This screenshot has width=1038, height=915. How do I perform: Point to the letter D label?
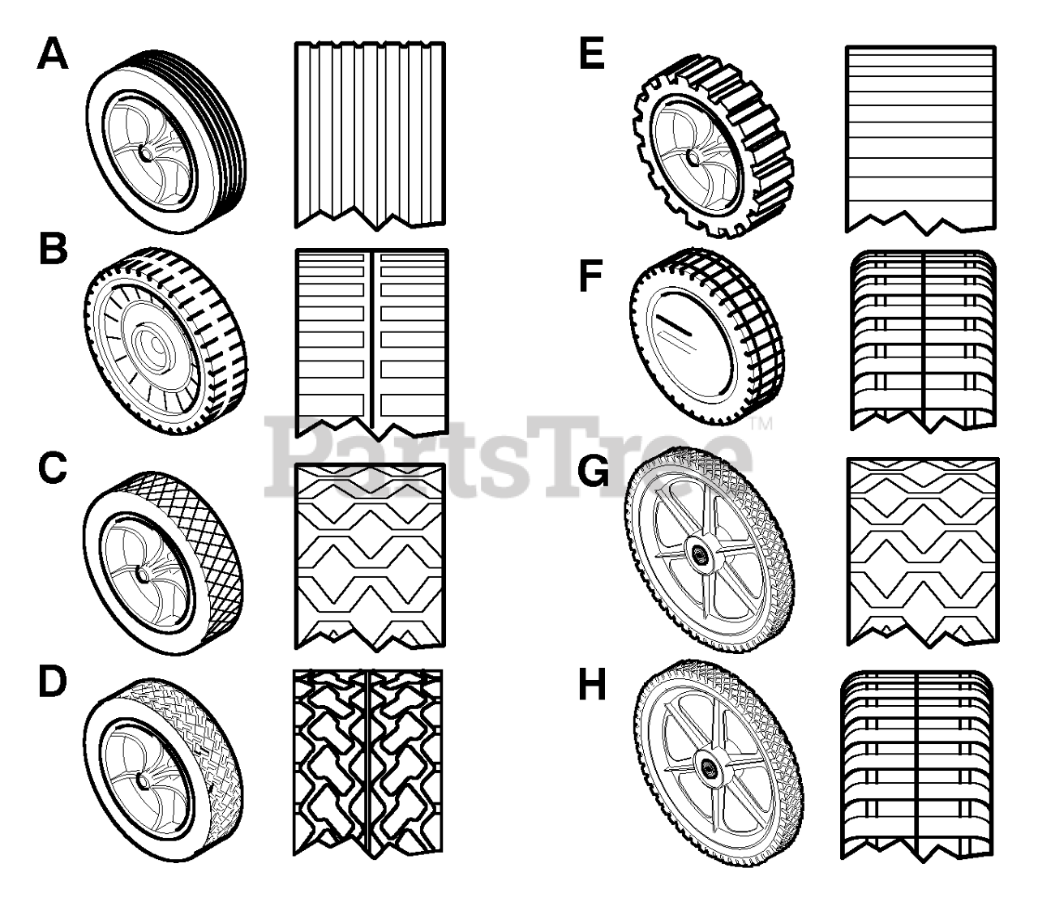pyautogui.click(x=53, y=684)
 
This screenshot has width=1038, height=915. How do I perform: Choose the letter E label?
pyautogui.click(x=593, y=56)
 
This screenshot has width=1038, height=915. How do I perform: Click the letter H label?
pyautogui.click(x=593, y=686)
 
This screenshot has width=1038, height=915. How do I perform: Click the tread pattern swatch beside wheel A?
pyautogui.click(x=370, y=134)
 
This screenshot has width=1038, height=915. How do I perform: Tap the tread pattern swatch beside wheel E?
pyautogui.click(x=920, y=138)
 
